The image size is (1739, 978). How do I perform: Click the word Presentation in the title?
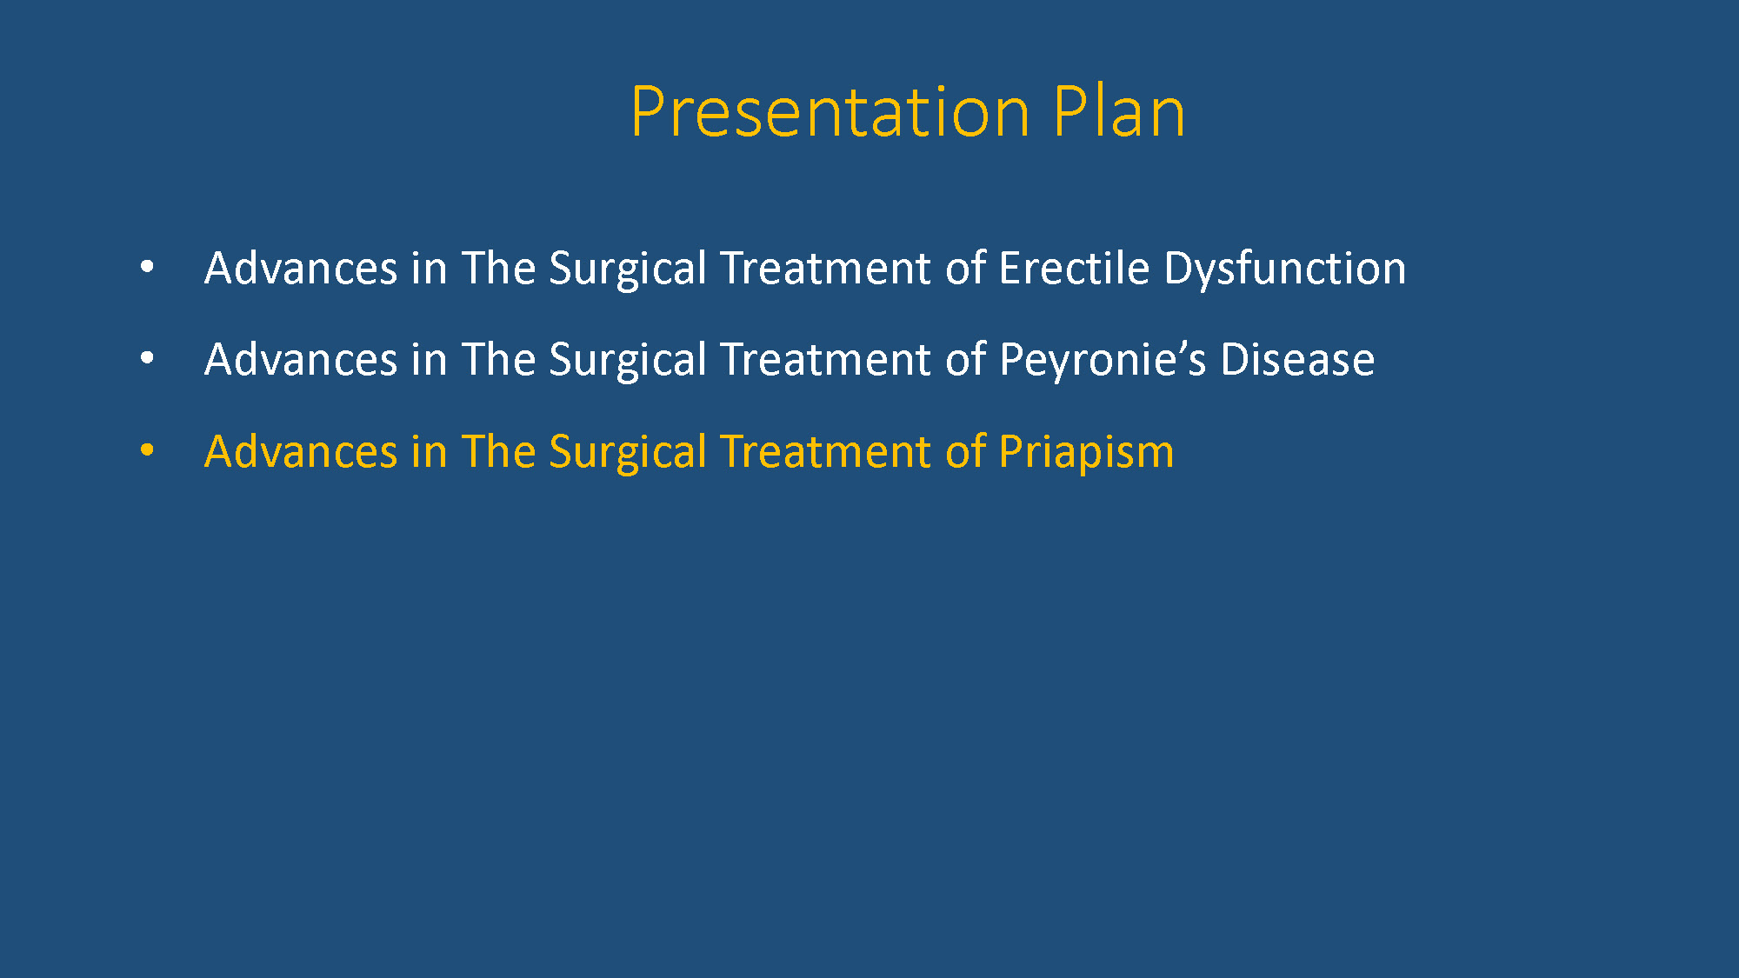coord(830,112)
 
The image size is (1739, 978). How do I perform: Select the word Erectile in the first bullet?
coord(1074,267)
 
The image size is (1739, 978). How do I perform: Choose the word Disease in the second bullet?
coord(1297,359)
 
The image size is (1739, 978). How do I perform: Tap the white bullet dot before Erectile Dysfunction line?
coord(147,267)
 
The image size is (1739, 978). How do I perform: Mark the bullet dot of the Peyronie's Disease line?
coord(147,358)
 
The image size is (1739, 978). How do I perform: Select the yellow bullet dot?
coord(147,450)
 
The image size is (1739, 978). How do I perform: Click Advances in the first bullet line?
coord(301,268)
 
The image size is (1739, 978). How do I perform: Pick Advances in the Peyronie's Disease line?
coord(301,359)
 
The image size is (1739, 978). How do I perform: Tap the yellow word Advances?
coord(301,451)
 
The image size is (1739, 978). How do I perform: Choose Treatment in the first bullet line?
coord(826,268)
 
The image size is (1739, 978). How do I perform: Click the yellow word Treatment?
coord(826,451)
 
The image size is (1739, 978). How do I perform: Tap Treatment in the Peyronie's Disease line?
coord(826,359)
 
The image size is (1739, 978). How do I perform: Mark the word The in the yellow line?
coord(498,451)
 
